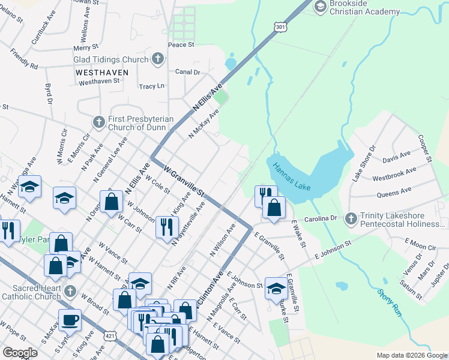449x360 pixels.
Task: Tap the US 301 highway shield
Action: [280, 26]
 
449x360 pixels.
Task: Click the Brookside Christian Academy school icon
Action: [320, 6]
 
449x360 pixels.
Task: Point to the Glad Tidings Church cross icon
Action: [157, 59]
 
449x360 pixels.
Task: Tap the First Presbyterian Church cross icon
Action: [100, 122]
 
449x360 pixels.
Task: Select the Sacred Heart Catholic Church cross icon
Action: [70, 292]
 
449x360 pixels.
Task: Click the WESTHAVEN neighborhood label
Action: [102, 72]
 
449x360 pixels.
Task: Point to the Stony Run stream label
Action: [389, 302]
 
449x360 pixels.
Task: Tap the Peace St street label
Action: [181, 44]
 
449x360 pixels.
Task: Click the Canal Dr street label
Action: [188, 72]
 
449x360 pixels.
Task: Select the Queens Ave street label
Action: [394, 192]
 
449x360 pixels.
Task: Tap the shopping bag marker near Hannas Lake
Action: [274, 208]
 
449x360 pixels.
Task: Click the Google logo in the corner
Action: [20, 353]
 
